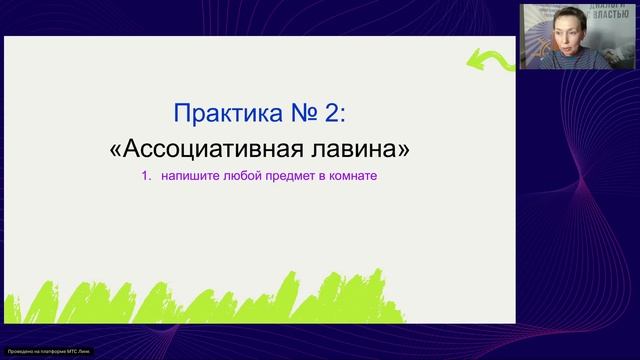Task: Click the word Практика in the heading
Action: click(x=220, y=111)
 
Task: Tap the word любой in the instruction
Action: click(x=240, y=177)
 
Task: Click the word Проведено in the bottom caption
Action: click(x=21, y=352)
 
